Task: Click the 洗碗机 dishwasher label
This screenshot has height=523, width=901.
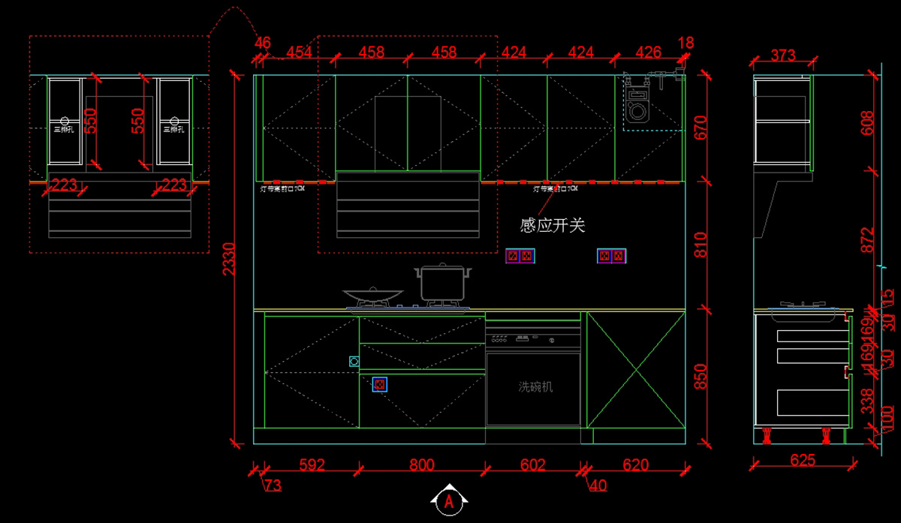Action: coord(535,387)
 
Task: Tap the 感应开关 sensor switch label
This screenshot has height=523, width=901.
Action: coord(552,224)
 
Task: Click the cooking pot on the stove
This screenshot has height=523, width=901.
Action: coord(443,283)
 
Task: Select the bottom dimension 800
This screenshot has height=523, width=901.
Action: coord(422,465)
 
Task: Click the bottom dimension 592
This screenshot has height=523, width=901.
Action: coord(312,465)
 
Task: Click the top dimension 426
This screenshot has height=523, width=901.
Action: coord(648,53)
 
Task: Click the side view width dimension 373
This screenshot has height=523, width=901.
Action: coord(783,55)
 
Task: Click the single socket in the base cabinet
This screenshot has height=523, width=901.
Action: coord(380,385)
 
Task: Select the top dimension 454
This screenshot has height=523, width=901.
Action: coord(299,53)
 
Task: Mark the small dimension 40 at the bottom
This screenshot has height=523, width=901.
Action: coord(598,485)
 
